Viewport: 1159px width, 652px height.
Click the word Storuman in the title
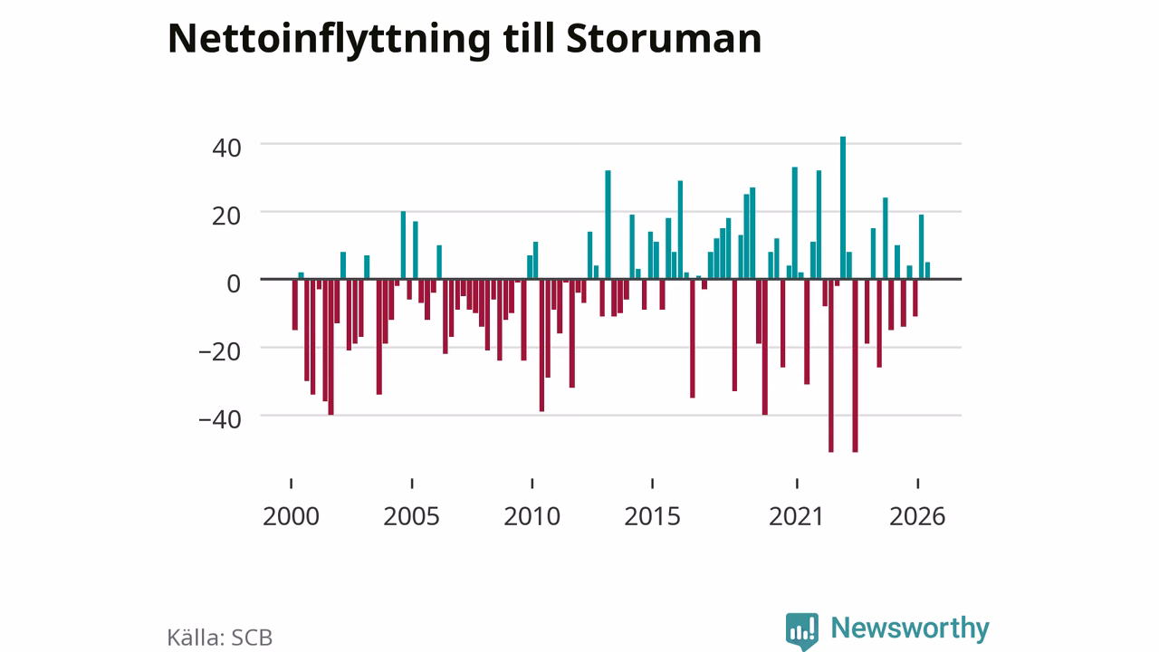point(664,39)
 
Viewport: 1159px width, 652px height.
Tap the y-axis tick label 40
point(226,148)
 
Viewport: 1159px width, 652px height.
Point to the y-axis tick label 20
point(226,216)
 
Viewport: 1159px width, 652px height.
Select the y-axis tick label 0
point(234,283)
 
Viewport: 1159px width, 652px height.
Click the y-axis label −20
point(220,352)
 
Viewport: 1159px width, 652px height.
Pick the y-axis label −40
point(220,419)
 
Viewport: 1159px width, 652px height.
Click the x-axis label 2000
point(291,516)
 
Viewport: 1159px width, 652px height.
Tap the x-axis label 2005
point(411,516)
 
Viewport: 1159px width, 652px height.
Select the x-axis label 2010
point(532,516)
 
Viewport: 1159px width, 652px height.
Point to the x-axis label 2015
point(652,516)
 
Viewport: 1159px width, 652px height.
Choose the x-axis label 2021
point(796,516)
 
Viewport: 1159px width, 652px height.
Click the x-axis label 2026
point(917,516)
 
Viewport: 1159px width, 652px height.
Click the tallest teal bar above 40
point(843,208)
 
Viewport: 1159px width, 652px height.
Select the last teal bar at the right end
point(928,271)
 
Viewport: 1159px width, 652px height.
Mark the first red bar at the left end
point(295,305)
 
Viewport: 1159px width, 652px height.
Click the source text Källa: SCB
point(220,637)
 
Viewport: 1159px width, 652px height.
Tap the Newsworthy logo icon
point(802,631)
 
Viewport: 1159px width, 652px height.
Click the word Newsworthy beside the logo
point(910,628)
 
